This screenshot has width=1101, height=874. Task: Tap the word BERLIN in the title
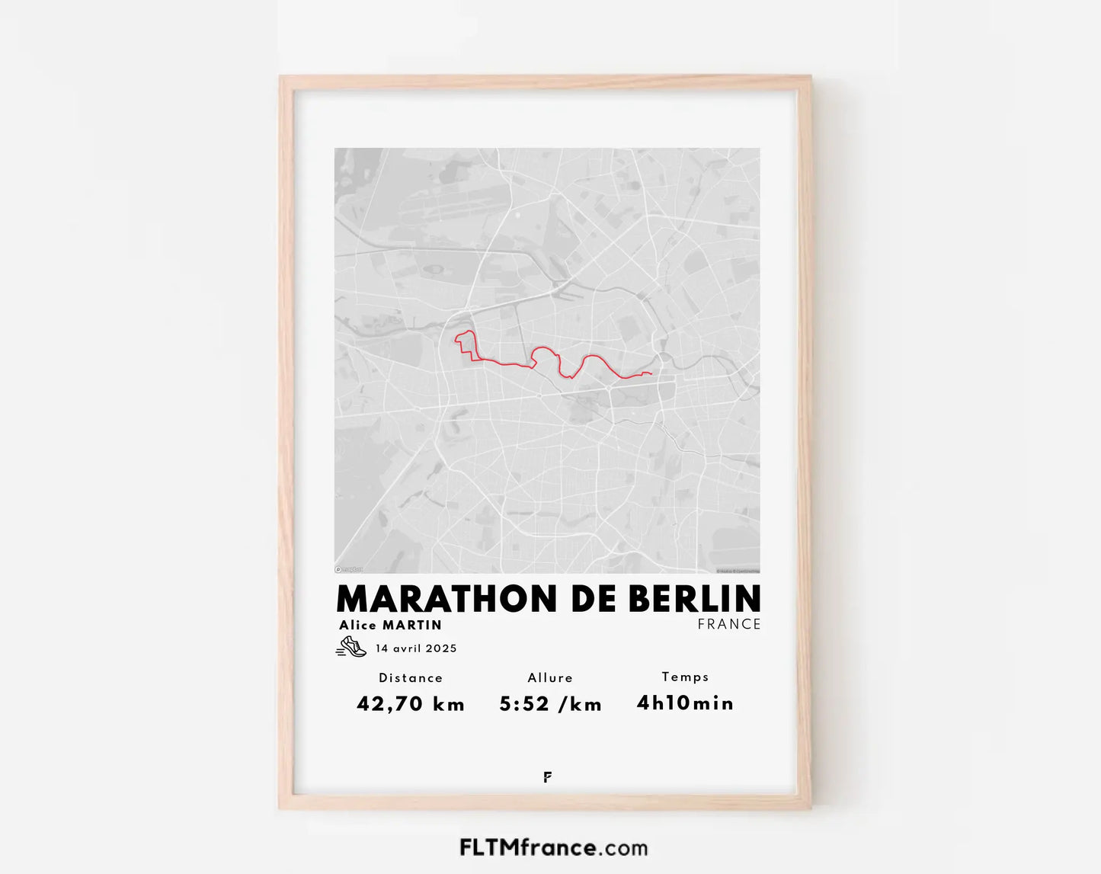(x=694, y=599)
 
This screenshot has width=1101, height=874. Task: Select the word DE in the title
(x=594, y=599)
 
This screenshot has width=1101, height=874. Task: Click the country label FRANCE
(x=729, y=624)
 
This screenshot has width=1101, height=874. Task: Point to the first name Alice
(x=358, y=625)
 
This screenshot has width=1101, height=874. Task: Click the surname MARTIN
(x=412, y=625)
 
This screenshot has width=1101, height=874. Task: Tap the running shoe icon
(x=351, y=647)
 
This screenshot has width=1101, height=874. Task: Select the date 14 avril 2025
(x=416, y=648)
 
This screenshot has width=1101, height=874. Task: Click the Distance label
(x=411, y=677)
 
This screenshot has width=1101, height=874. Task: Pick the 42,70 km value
(x=411, y=703)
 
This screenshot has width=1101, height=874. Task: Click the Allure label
(x=550, y=677)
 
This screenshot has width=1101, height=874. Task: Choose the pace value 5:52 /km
(x=550, y=704)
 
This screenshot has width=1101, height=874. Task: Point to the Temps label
(x=685, y=677)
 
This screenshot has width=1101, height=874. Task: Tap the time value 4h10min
(x=685, y=703)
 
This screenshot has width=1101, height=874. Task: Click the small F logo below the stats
(x=548, y=777)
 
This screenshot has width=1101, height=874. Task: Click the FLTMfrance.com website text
(x=554, y=847)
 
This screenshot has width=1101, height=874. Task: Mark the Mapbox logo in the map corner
(x=349, y=569)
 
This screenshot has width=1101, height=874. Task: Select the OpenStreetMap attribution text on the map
(x=738, y=571)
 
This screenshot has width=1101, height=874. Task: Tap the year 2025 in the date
(x=442, y=648)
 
